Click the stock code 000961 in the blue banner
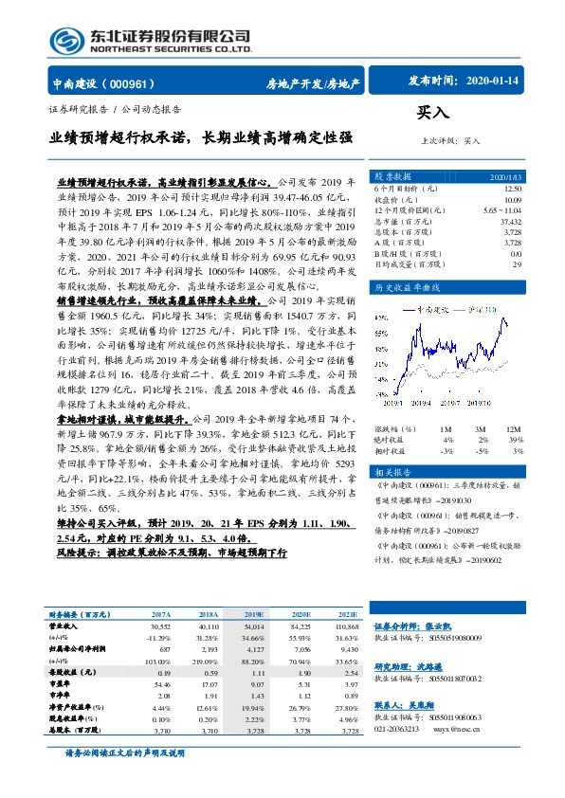(131, 83)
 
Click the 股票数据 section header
(392, 176)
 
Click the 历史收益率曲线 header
(404, 286)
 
